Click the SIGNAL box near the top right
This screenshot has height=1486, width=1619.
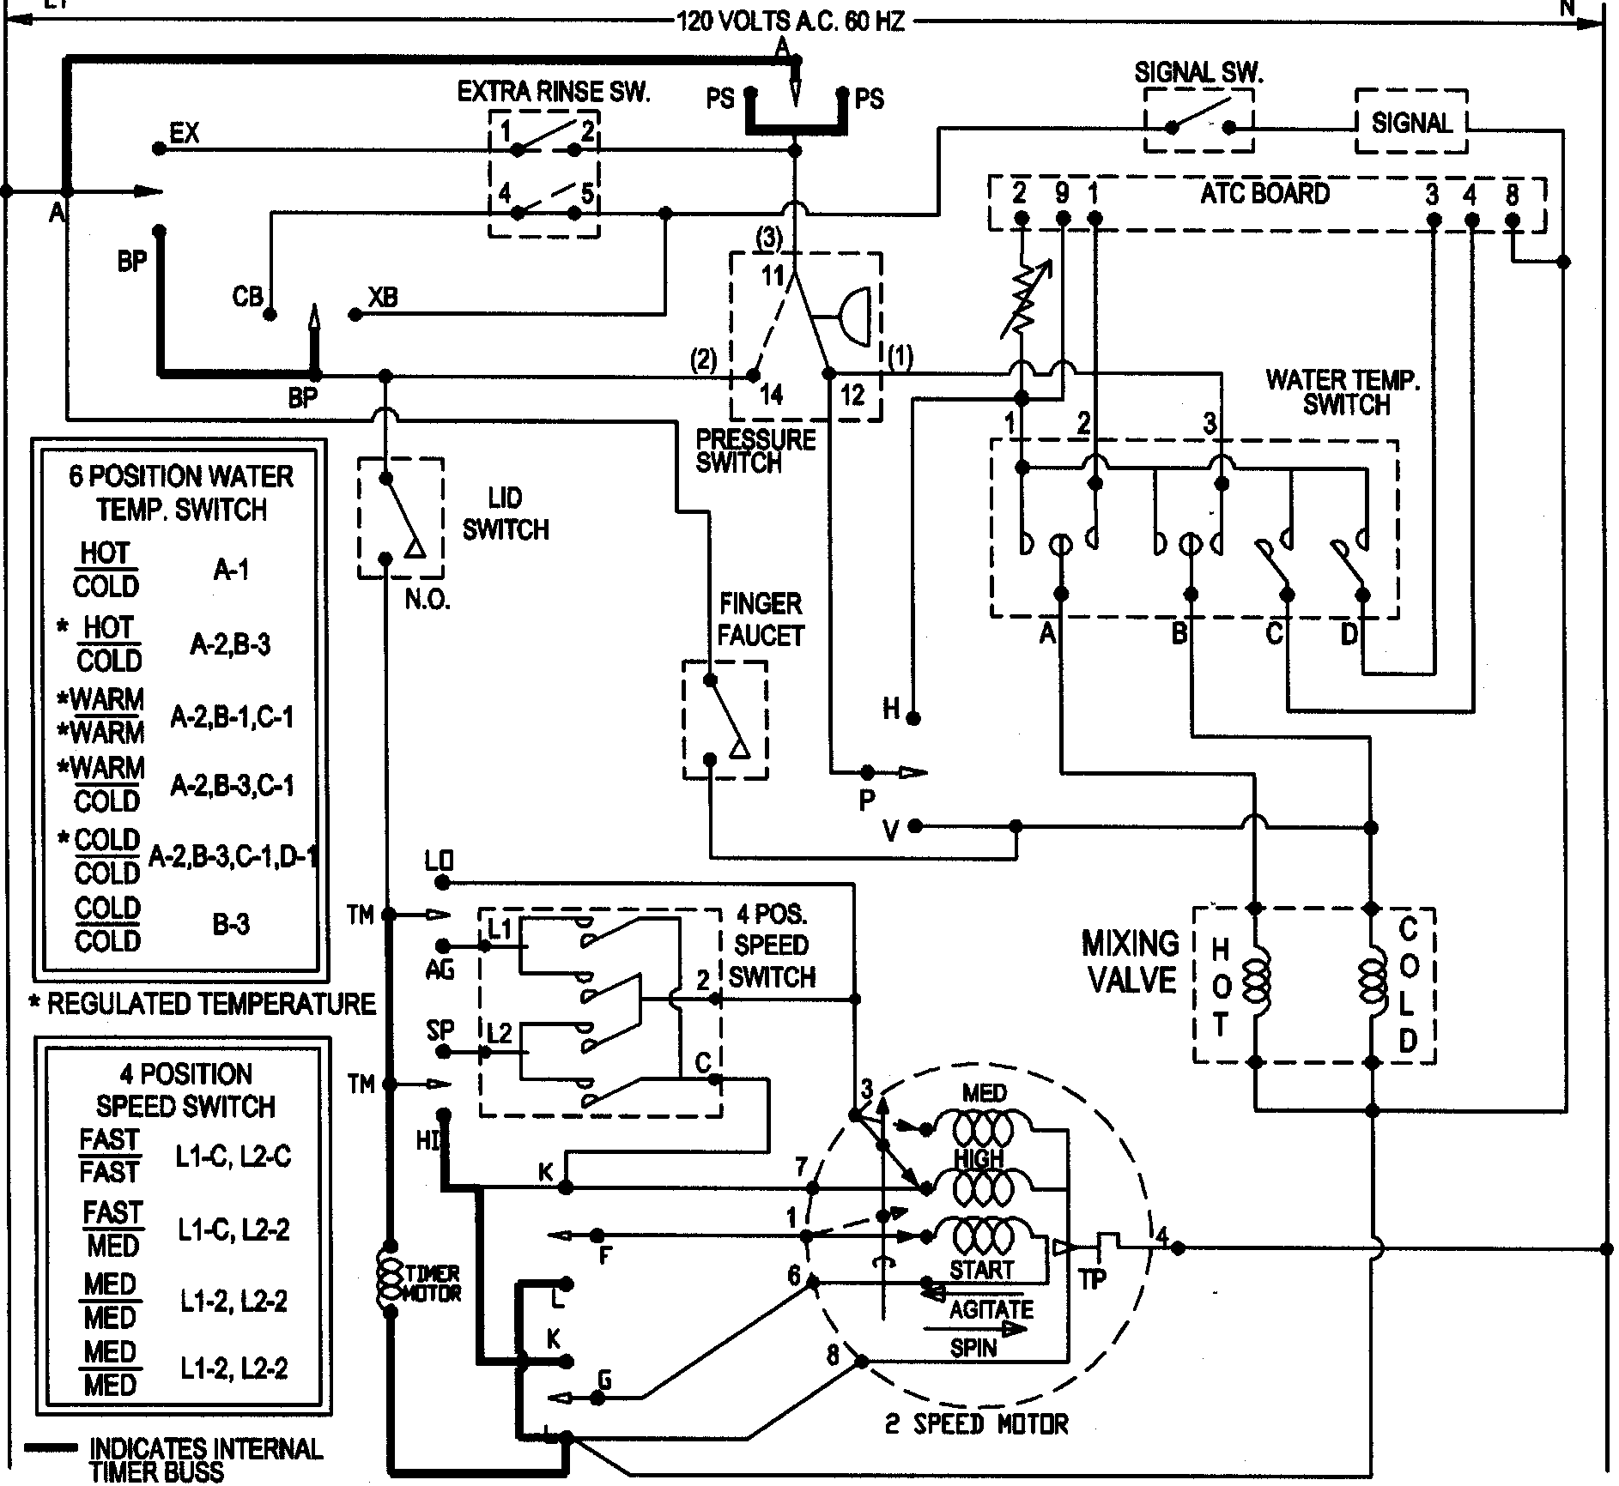[1410, 123]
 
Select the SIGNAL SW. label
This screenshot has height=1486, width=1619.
[1198, 73]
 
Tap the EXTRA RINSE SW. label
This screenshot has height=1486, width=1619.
[554, 92]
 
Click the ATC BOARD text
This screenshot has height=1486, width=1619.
[1264, 193]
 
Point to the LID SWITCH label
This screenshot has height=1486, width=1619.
[505, 514]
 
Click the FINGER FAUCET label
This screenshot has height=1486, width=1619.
[761, 619]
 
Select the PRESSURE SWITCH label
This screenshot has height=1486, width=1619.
[755, 451]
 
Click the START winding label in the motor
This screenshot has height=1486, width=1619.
[982, 1269]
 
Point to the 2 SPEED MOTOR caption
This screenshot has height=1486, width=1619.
[976, 1424]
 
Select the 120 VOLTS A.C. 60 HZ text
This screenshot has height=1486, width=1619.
[791, 21]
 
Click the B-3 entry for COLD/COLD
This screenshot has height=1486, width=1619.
[231, 924]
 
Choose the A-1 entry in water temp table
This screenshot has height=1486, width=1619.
[231, 570]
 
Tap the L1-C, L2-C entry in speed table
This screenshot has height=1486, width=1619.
[233, 1157]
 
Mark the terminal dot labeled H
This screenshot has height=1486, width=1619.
[914, 716]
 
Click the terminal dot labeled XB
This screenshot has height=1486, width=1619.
[355, 315]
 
